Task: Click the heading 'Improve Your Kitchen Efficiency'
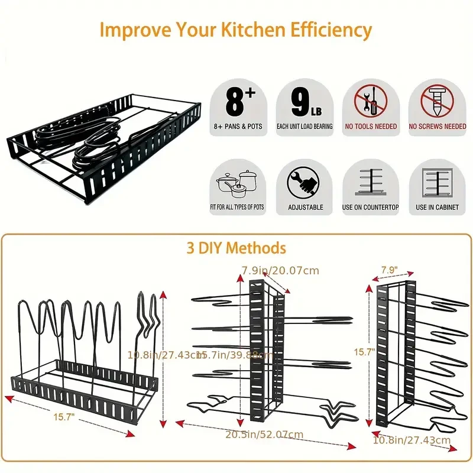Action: point(236,30)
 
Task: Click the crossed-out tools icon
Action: point(371,100)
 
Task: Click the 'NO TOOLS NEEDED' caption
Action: point(371,127)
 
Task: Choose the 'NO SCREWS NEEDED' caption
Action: point(438,127)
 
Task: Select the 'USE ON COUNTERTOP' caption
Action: point(371,208)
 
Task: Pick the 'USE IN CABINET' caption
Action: point(438,208)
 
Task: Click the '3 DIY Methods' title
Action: point(236,248)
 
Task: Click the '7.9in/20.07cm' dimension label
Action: point(280,271)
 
